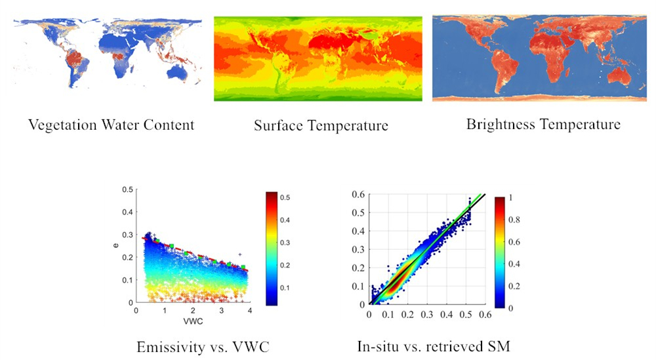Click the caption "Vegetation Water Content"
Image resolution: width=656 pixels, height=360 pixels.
111,124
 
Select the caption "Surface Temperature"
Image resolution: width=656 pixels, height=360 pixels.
321,125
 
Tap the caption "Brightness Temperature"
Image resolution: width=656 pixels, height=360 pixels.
543,123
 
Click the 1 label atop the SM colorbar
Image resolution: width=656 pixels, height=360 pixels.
514,195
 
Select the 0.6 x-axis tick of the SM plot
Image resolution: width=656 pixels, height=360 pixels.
485,315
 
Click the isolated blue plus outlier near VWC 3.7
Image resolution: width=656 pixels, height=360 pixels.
241,254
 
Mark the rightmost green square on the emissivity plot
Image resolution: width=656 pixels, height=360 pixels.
244,268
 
